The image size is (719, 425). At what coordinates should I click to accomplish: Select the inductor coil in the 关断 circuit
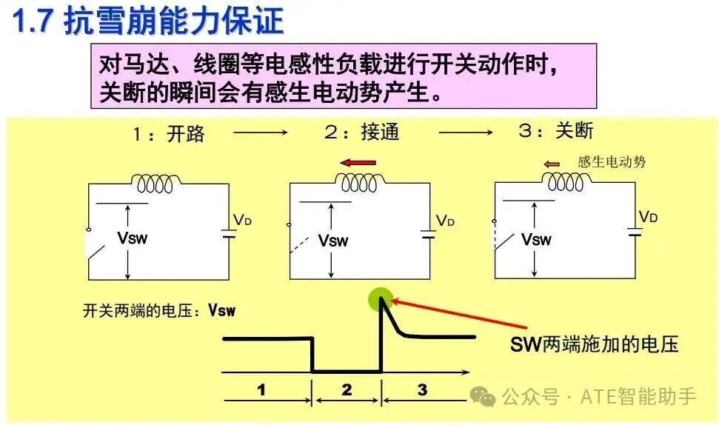tap(566, 181)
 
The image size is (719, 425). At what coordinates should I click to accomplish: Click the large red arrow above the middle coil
tap(358, 162)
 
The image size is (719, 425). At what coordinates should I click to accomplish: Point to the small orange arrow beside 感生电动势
tap(552, 164)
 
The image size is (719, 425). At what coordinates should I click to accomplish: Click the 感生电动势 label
tap(611, 162)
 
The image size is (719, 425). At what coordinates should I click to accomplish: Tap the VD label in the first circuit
tap(242, 220)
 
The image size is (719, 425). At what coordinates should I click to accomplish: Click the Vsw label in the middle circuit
tap(333, 240)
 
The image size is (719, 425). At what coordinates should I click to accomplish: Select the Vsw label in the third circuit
tap(536, 239)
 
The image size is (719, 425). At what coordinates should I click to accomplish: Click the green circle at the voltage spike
tap(381, 299)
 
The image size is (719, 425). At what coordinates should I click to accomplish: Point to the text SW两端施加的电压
tap(595, 344)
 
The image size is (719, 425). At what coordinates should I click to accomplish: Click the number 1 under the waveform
tap(261, 389)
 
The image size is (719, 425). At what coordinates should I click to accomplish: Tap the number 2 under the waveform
tap(347, 389)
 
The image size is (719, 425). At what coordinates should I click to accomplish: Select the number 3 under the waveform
tap(422, 389)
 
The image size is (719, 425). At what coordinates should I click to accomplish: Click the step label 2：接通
tap(362, 132)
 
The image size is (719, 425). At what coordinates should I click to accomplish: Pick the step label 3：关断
tap(556, 130)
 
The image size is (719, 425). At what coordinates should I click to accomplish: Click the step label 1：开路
tap(168, 134)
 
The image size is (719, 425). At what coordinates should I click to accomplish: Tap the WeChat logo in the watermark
tap(483, 395)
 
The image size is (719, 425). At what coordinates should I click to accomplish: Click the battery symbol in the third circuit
tap(635, 232)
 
